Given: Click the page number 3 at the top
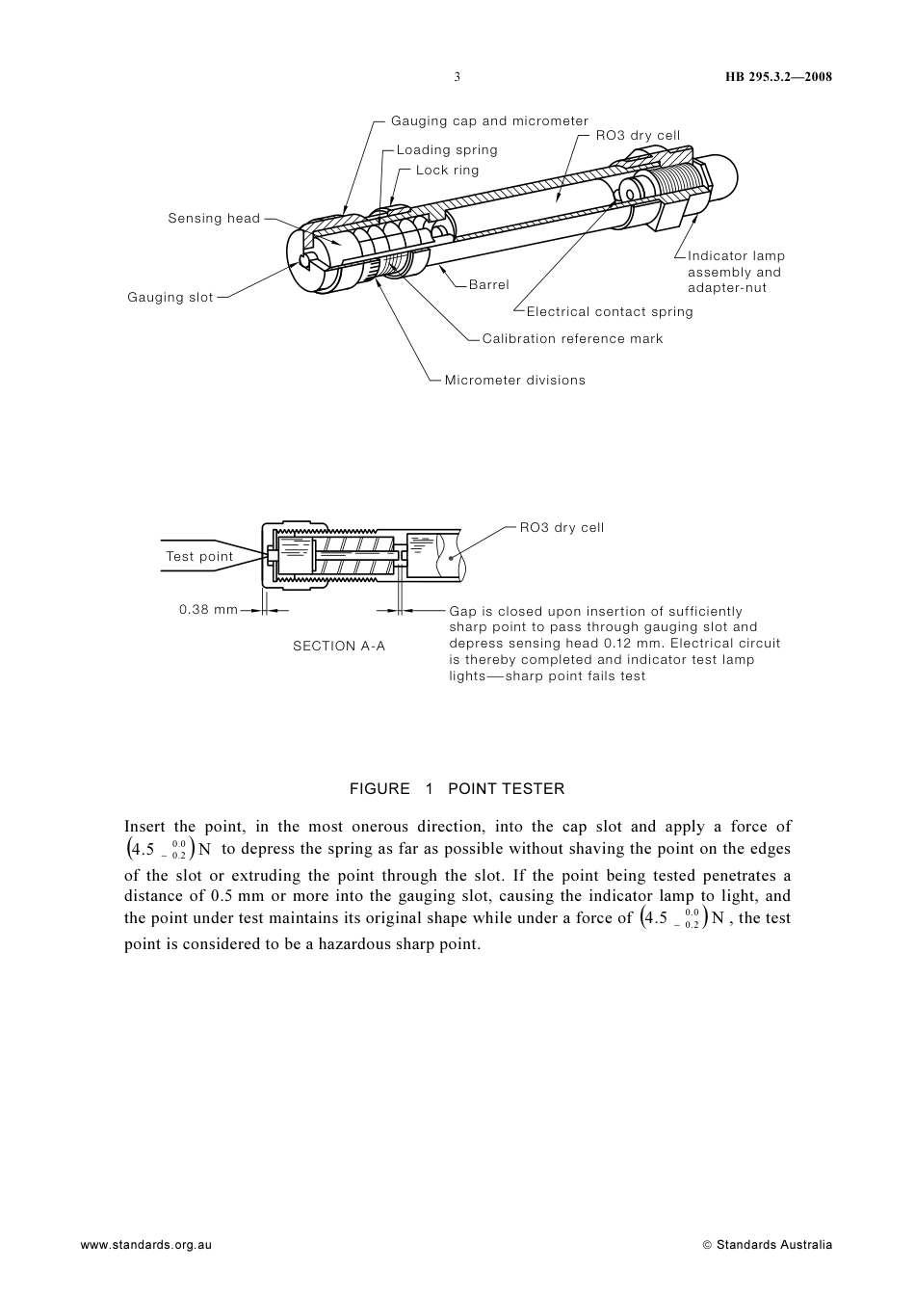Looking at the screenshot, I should click(457, 77).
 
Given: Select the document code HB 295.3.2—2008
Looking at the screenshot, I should click(778, 77).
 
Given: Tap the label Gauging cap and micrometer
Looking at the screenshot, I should click(489, 121).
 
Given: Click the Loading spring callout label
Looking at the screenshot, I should click(447, 150).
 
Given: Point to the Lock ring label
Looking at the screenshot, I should click(447, 171).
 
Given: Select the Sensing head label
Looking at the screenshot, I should click(214, 219).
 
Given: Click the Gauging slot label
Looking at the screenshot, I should click(170, 298).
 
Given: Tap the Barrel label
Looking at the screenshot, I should click(488, 285).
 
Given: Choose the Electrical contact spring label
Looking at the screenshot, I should click(610, 312).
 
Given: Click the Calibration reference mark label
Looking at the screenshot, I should click(572, 339).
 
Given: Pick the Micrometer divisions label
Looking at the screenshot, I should click(514, 381).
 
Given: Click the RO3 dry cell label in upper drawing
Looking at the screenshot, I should click(638, 136).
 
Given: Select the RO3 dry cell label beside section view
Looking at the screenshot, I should click(562, 528).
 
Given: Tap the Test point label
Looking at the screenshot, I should click(199, 557).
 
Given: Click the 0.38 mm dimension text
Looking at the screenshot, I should click(208, 610).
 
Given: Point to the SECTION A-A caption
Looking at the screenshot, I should click(339, 647).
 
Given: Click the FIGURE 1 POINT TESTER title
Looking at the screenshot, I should click(457, 789).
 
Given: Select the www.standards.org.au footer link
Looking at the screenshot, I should click(145, 1245).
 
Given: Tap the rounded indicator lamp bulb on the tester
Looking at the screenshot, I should click(724, 173).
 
